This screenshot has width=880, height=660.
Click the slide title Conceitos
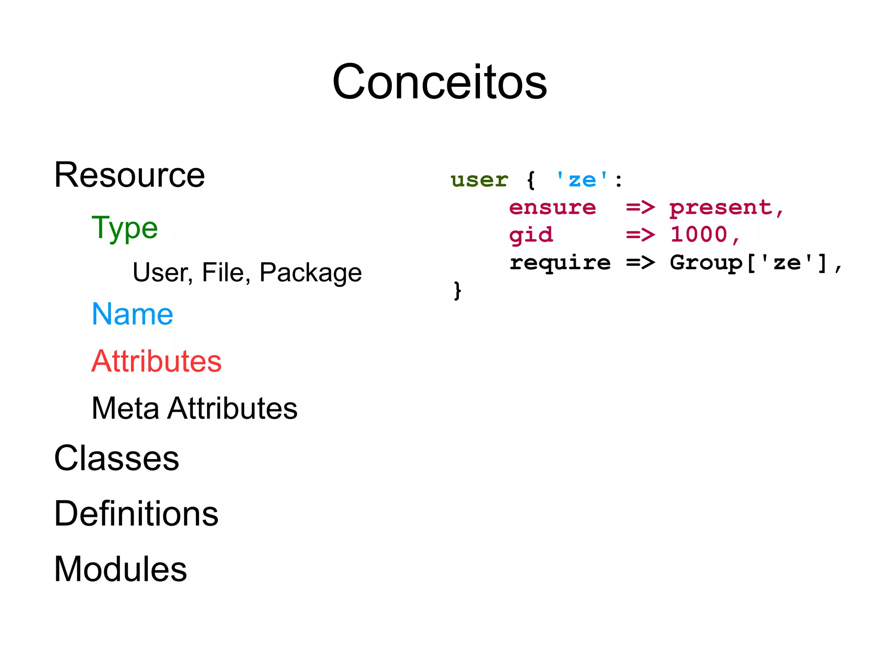click(x=440, y=82)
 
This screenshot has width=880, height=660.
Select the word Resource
click(x=129, y=175)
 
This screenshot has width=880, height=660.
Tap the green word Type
click(x=125, y=228)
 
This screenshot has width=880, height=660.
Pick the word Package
click(x=311, y=273)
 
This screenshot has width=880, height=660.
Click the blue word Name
click(x=132, y=314)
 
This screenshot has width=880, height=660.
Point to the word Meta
click(x=125, y=408)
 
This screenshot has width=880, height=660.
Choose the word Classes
click(x=116, y=458)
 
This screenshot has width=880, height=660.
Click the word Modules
click(x=120, y=569)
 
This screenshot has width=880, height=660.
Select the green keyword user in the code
click(x=479, y=180)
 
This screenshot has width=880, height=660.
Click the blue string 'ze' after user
click(x=582, y=180)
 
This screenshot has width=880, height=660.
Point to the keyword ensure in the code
click(x=552, y=208)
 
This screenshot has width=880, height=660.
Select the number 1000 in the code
click(x=699, y=235)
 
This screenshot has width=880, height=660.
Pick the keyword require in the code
click(x=559, y=263)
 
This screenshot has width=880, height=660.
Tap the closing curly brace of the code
click(x=457, y=291)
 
